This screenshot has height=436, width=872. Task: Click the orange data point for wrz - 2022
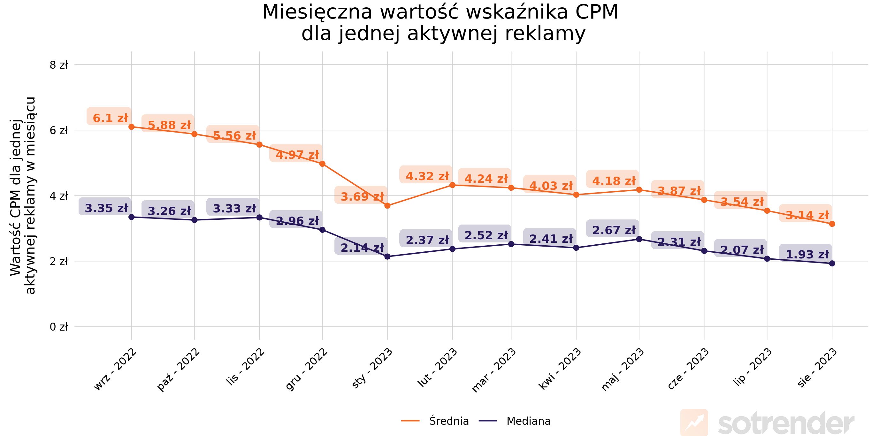click(131, 127)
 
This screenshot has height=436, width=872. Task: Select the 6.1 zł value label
click(110, 118)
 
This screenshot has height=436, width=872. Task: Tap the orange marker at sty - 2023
click(387, 205)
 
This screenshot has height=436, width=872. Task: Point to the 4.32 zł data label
click(427, 176)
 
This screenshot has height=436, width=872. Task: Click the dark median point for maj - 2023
click(639, 239)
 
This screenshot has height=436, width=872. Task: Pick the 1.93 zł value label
click(807, 254)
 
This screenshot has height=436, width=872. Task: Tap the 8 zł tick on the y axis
click(58, 65)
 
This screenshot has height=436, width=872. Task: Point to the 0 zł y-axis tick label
click(58, 327)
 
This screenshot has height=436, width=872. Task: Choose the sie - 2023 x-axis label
click(817, 368)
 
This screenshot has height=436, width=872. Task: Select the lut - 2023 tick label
click(438, 368)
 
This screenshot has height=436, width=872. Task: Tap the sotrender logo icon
click(693, 422)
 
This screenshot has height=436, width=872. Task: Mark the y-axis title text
click(22, 196)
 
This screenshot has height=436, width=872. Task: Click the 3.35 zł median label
click(106, 208)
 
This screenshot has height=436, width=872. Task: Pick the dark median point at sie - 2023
click(832, 264)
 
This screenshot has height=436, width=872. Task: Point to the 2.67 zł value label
click(614, 230)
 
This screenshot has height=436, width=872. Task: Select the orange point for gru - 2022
click(322, 164)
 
